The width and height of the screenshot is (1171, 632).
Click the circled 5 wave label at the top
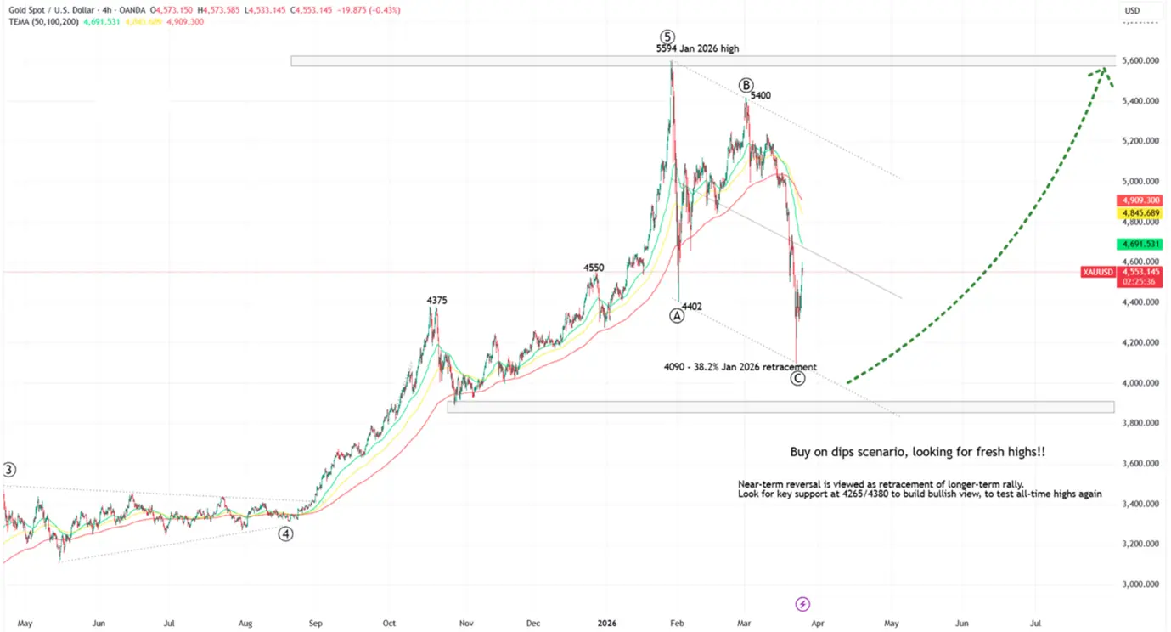click(667, 37)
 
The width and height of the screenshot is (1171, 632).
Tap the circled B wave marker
click(746, 85)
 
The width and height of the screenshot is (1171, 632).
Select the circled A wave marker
click(677, 315)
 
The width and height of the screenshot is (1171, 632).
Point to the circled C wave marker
click(797, 378)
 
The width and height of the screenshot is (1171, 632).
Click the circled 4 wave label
click(286, 533)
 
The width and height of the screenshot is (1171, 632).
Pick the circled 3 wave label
click(8, 470)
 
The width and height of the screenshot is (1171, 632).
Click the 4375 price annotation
click(436, 300)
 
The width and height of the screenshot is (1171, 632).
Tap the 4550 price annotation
click(594, 268)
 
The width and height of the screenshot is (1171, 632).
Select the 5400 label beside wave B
click(760, 96)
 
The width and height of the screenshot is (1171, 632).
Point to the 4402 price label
click(692, 306)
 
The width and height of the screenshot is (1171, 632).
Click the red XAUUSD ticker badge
click(1097, 273)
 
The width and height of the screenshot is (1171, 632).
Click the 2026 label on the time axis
click(606, 624)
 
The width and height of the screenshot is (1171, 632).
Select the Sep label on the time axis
click(315, 624)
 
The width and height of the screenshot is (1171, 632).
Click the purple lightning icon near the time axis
click(802, 604)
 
